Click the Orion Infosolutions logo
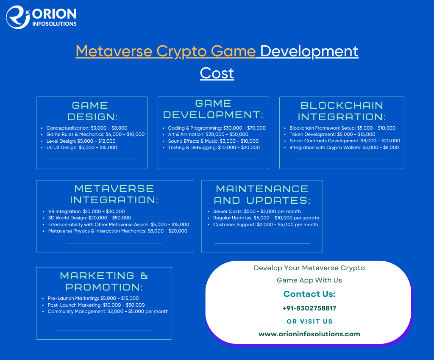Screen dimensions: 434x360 [x=41, y=17]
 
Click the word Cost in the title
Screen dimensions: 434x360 [x=217, y=73]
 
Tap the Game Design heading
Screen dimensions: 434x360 [x=92, y=111]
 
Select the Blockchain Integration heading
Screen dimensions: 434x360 [x=342, y=111]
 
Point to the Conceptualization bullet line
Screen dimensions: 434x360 [x=86, y=128]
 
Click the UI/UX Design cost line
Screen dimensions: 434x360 [x=82, y=148]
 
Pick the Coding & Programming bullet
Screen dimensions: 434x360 [x=217, y=128]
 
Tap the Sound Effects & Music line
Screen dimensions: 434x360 [x=213, y=141]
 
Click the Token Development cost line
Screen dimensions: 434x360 [x=332, y=134]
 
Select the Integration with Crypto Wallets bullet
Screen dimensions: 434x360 [x=344, y=148]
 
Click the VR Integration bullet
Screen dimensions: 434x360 [x=86, y=211]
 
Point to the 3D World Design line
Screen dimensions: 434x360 [x=90, y=218]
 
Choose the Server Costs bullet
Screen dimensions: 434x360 [x=257, y=211]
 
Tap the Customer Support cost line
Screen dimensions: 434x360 [x=265, y=224]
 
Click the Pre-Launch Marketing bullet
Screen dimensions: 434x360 [x=93, y=298]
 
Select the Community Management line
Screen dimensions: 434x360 [x=108, y=311]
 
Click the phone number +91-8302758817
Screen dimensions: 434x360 [x=309, y=308]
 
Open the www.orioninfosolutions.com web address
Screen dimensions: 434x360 [x=309, y=334]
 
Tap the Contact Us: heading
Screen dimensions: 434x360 [x=309, y=294]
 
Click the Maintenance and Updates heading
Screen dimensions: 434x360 [x=262, y=195]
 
